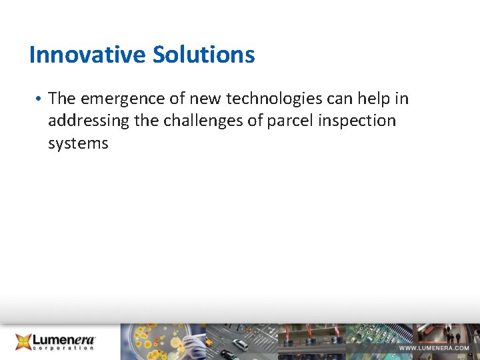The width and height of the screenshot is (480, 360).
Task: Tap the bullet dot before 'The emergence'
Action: [40, 99]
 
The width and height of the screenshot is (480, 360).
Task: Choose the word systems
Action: [78, 144]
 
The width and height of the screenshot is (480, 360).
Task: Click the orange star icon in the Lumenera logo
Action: [23, 341]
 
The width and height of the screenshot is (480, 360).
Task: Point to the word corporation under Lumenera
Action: [64, 349]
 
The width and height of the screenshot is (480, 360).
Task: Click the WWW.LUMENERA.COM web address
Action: [434, 348]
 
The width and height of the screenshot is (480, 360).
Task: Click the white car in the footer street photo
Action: [240, 345]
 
